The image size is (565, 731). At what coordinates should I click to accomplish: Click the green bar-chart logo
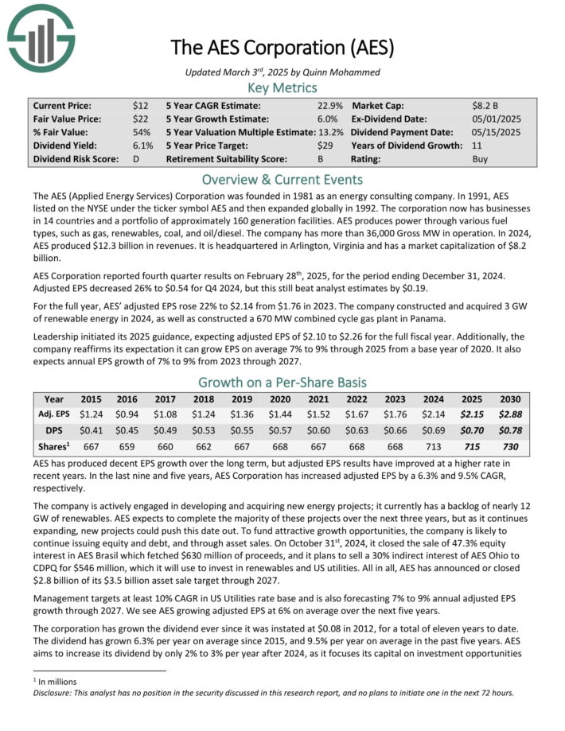click(40, 35)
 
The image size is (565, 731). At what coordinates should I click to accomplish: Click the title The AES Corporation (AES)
click(282, 47)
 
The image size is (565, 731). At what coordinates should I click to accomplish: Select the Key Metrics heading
click(282, 87)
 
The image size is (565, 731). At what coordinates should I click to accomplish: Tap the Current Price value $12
click(140, 105)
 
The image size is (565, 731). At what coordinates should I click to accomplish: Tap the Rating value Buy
click(481, 159)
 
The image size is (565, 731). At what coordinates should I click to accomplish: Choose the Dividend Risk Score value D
click(136, 159)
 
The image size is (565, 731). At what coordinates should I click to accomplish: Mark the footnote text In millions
click(37, 681)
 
